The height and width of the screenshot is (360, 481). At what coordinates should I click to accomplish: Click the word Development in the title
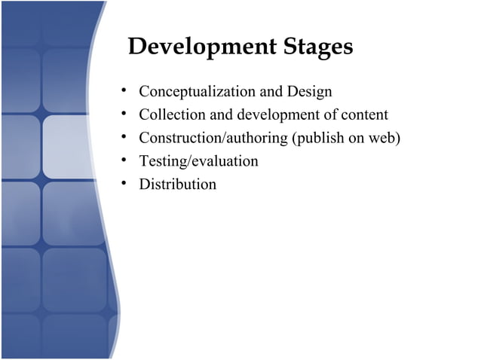click(x=203, y=47)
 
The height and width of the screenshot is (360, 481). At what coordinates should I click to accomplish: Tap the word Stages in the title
click(x=317, y=47)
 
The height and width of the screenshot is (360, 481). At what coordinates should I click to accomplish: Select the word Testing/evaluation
click(x=198, y=161)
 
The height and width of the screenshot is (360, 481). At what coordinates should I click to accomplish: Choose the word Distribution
click(x=177, y=185)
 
